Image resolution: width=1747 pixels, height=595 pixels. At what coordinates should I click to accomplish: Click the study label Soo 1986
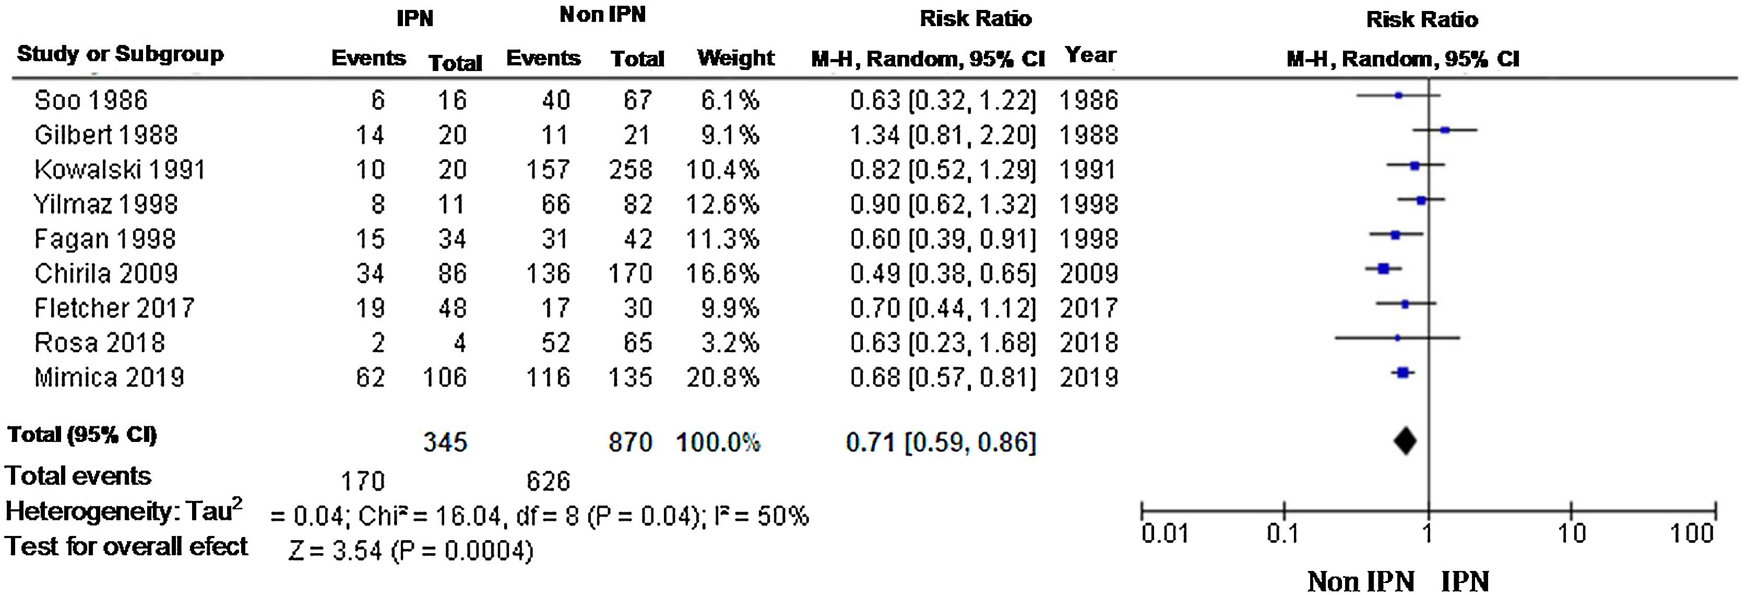click(91, 100)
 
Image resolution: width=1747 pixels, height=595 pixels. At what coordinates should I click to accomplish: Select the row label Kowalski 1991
click(120, 170)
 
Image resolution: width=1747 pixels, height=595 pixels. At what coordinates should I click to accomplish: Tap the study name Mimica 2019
click(109, 377)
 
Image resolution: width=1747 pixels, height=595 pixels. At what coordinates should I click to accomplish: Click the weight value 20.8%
click(723, 377)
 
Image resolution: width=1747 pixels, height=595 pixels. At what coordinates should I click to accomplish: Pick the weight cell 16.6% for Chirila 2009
click(723, 273)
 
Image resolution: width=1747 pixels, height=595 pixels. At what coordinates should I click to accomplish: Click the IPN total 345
click(446, 442)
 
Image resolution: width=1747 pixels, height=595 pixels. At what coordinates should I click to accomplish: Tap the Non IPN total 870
click(631, 442)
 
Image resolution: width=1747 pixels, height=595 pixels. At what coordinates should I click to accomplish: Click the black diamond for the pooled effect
click(1405, 441)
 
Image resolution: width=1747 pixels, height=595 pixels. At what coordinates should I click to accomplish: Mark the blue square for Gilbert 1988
click(1445, 130)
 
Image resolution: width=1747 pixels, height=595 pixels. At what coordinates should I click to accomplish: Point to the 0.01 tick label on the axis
click(1165, 534)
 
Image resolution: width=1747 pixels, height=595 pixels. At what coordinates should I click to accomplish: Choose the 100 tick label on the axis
click(1692, 534)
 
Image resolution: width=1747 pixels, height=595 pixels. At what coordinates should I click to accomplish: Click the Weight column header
click(736, 59)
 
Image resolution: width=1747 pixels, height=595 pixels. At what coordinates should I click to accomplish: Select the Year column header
click(1090, 55)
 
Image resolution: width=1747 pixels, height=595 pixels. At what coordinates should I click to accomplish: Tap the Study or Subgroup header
click(120, 54)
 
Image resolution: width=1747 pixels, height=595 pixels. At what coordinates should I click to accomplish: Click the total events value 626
click(548, 481)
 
